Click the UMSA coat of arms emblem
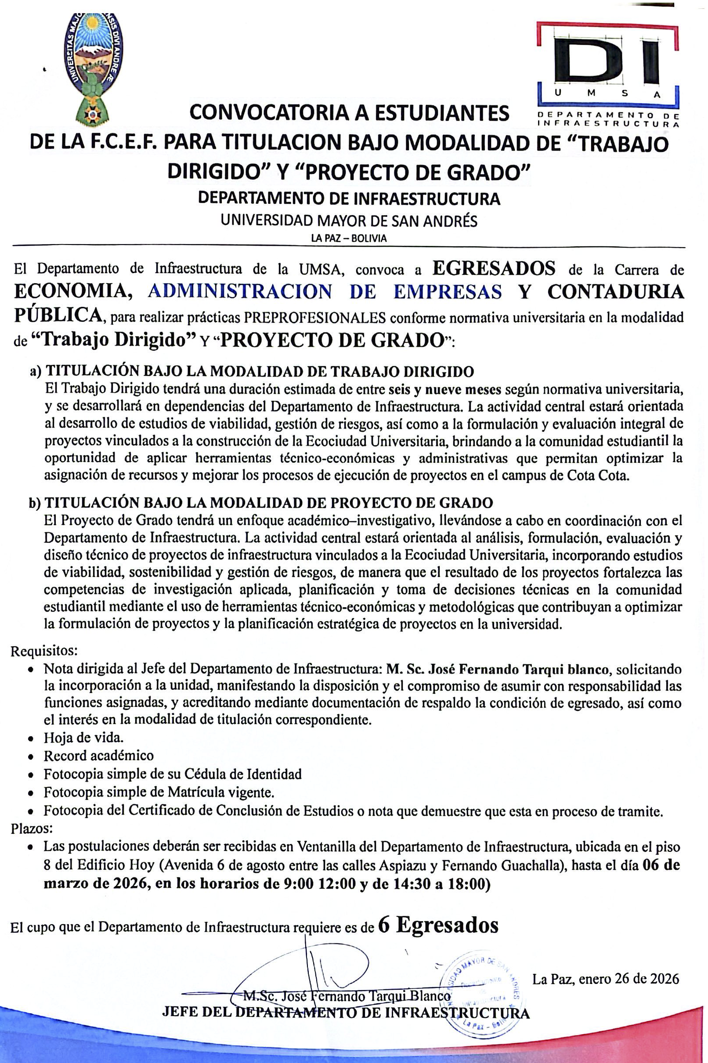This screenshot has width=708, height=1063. pos(94,68)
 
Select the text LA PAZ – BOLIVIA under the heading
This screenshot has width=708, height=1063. pos(349,239)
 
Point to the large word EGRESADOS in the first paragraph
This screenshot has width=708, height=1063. pos(494,269)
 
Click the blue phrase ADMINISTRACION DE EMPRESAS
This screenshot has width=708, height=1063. pos(325,292)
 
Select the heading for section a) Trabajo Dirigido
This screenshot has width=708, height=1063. pos(252,371)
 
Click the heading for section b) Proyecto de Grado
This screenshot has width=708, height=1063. pos(261,502)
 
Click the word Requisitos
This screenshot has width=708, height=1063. pos(44,651)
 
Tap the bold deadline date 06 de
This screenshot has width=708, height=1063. pos(661,865)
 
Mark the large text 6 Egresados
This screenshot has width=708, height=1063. pos(438,925)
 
